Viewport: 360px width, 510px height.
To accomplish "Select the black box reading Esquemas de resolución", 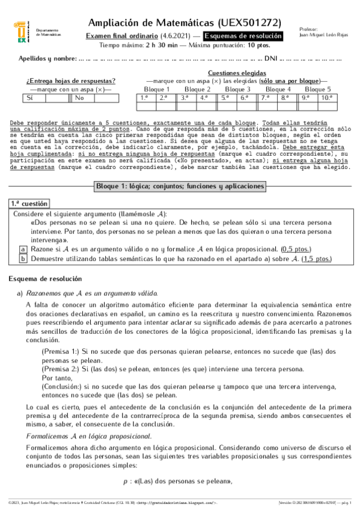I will click(247, 36).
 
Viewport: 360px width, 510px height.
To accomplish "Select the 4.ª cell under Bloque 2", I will click(204, 97).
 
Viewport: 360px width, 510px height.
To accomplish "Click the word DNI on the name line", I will click(270, 59).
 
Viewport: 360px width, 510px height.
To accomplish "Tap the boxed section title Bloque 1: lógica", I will click(180, 186).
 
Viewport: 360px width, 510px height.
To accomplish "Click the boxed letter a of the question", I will click(23, 249).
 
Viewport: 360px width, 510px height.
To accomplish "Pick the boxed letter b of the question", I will click(23, 259).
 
